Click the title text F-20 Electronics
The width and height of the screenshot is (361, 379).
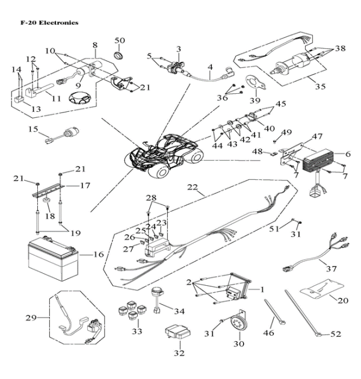[41, 22]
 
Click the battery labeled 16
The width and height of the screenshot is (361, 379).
[58, 257]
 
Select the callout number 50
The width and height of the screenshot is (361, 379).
[120, 40]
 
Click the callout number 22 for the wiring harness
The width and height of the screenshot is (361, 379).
[193, 188]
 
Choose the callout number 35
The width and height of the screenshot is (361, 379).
[321, 87]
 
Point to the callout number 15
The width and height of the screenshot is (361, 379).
[33, 129]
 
